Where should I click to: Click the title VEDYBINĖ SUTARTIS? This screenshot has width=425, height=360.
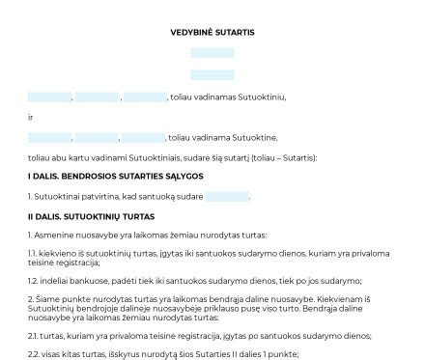(x=212, y=33)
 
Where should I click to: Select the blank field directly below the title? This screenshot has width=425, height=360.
(x=212, y=55)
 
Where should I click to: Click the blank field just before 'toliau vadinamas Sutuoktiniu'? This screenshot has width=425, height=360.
(x=145, y=97)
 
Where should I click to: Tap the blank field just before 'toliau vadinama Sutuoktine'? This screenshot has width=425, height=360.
(x=145, y=137)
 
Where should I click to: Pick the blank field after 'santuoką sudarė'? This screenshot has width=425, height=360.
(x=227, y=197)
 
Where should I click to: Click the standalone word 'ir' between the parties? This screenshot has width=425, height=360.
(x=31, y=117)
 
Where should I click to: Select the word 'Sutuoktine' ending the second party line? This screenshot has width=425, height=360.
(x=257, y=137)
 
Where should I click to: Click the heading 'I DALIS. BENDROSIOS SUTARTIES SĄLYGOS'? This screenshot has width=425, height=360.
(x=115, y=177)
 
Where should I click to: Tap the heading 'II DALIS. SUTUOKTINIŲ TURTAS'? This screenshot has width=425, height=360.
(x=91, y=216)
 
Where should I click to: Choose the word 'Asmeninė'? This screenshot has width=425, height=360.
(x=53, y=235)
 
